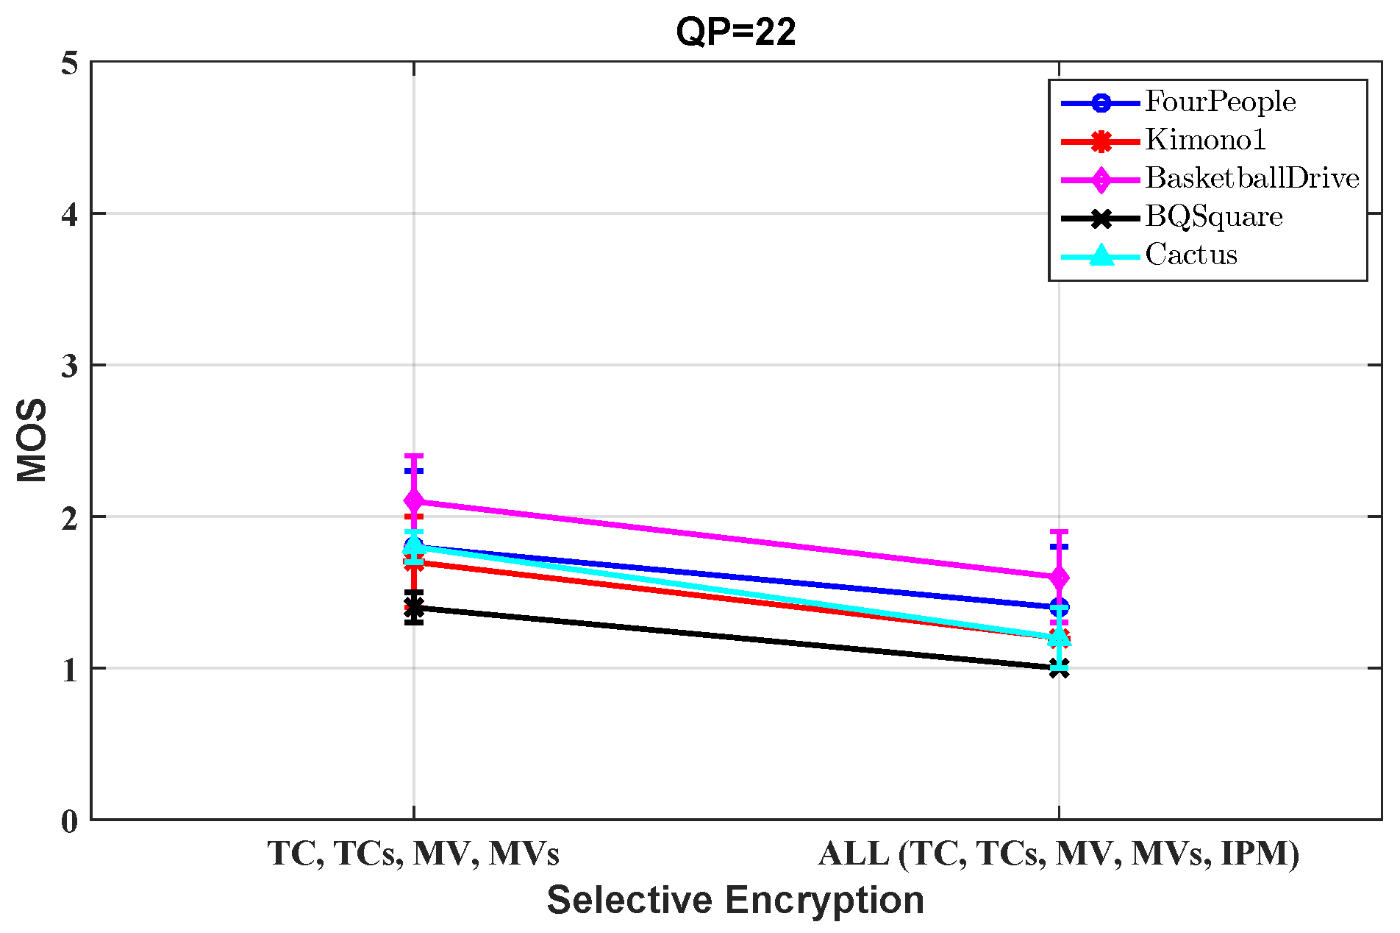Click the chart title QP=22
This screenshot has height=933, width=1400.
tap(735, 32)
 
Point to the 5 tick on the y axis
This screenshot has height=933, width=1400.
tap(70, 64)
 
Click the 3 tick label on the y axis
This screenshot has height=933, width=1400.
tap(70, 366)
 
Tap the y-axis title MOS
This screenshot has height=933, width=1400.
tap(32, 440)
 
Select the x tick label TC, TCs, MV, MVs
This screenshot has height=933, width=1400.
tap(413, 854)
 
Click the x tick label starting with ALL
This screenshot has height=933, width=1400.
tap(1059, 854)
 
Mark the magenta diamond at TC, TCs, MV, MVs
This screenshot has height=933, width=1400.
tap(414, 501)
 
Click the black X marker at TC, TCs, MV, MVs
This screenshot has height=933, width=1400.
tap(414, 607)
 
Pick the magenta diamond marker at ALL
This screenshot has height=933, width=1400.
tap(1059, 578)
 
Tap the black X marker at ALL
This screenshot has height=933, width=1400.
tap(1059, 667)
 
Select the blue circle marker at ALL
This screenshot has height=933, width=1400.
tap(1059, 607)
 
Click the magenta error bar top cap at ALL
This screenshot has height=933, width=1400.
tap(1059, 531)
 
